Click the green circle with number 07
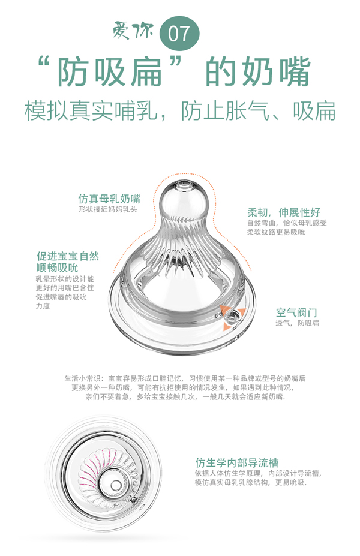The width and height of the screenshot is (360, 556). pos(178,34)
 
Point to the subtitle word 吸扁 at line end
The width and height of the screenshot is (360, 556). pos(314,110)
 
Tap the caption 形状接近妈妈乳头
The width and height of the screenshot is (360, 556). pos(108,210)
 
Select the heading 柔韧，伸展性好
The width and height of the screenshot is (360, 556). pos(284,212)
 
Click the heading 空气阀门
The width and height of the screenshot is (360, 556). pos(296,312)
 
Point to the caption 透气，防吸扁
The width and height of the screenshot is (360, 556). pos(298,323)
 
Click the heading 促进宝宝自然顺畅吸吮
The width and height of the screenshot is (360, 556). pos(68,262)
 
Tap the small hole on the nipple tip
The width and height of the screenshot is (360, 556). pos(184,181)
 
